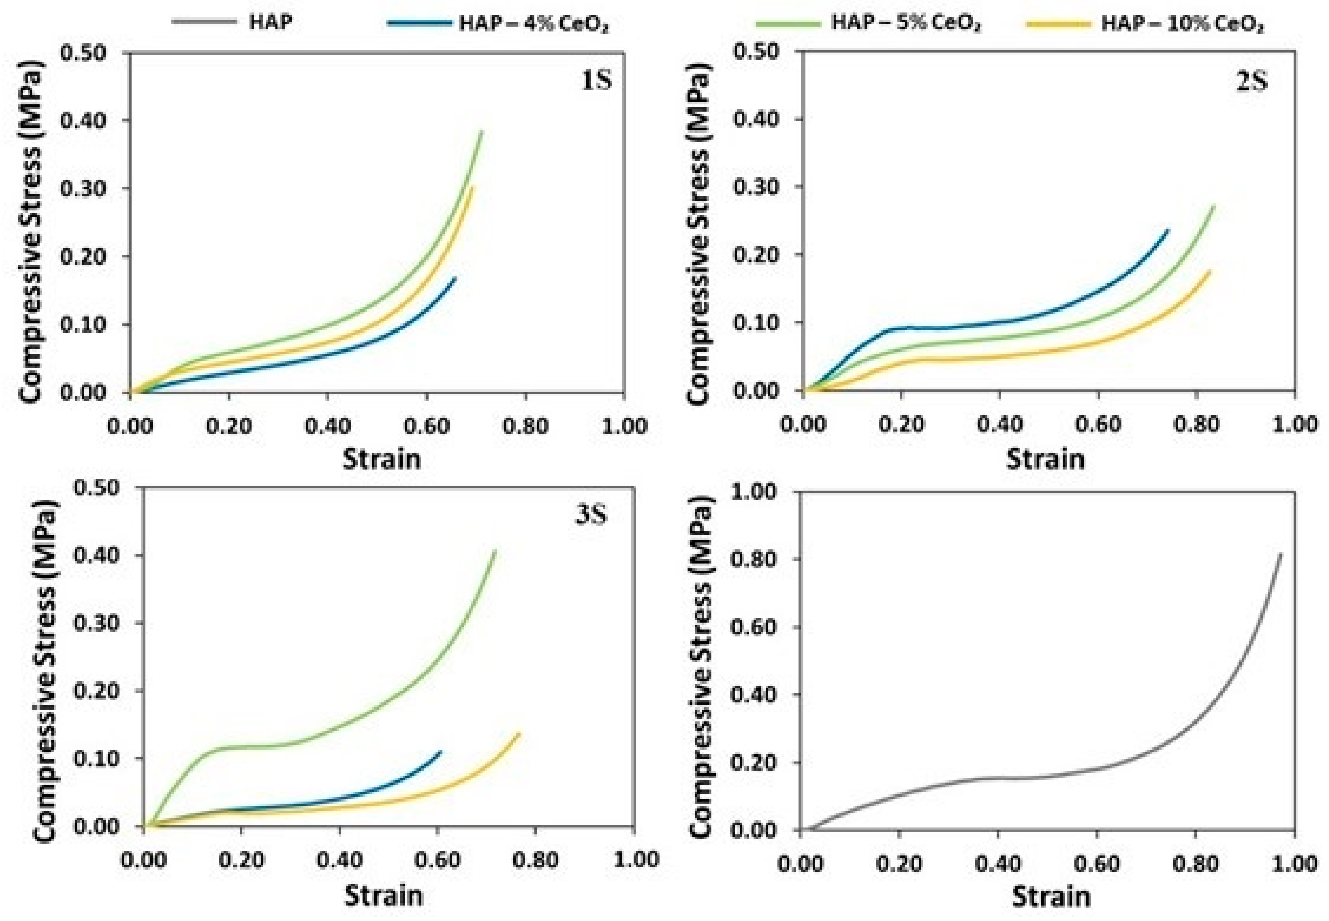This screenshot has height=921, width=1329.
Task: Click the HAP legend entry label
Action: tap(271, 23)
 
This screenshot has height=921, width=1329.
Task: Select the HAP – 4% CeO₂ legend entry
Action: tap(533, 24)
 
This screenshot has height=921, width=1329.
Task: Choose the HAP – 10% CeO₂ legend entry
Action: tap(1182, 24)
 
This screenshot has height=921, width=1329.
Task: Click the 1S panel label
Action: tap(596, 80)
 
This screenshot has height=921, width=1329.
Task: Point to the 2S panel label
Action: tap(1251, 81)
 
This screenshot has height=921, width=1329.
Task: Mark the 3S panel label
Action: tap(591, 515)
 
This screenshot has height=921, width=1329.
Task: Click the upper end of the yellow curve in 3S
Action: tap(519, 733)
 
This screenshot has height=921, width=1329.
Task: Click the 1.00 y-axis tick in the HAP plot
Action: tap(754, 492)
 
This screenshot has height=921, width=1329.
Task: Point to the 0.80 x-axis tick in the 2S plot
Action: tap(1196, 424)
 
